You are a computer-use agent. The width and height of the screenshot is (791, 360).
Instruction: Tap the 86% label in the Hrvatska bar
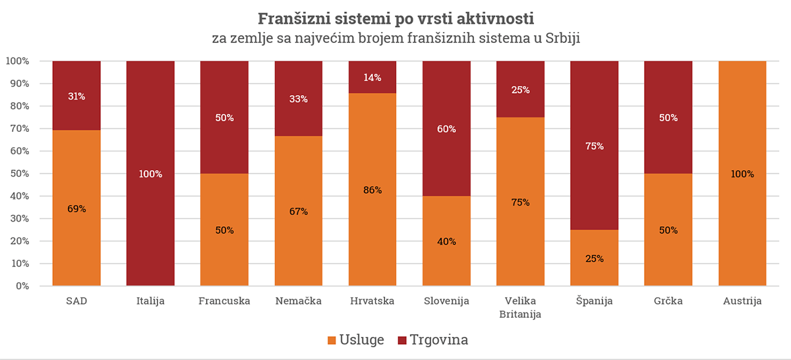click(x=372, y=190)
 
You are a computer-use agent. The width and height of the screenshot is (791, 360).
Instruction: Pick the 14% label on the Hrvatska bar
click(x=372, y=77)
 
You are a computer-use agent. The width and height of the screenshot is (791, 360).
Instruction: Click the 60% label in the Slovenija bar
click(x=446, y=129)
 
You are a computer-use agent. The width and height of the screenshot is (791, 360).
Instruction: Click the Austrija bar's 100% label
click(x=742, y=174)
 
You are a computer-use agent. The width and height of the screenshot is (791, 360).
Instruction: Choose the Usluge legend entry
click(x=356, y=340)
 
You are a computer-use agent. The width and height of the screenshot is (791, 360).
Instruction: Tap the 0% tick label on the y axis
click(x=21, y=286)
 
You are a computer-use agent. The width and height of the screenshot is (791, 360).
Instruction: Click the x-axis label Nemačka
click(x=299, y=301)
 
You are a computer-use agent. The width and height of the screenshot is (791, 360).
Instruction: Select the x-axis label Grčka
click(x=668, y=301)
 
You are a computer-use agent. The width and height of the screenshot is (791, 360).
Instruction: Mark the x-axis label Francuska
click(x=224, y=301)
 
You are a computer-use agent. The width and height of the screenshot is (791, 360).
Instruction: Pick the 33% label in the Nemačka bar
click(x=299, y=99)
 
